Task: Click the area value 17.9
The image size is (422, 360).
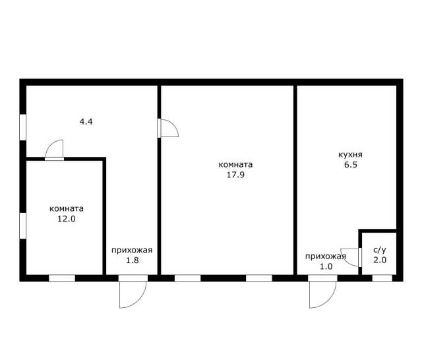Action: click(x=235, y=175)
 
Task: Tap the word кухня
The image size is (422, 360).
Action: click(x=350, y=155)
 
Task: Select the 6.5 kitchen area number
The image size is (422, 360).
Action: click(x=351, y=164)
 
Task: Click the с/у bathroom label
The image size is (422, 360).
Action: click(x=380, y=250)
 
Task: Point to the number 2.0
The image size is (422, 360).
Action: click(x=380, y=260)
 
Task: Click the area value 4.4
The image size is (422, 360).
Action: click(x=86, y=121)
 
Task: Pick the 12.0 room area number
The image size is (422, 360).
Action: click(x=67, y=219)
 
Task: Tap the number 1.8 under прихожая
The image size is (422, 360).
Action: click(x=133, y=260)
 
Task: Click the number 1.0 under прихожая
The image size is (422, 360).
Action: click(x=326, y=266)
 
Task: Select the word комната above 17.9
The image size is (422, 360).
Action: click(x=235, y=165)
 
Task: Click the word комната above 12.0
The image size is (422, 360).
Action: click(x=67, y=209)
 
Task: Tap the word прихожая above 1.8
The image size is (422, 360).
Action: click(x=132, y=251)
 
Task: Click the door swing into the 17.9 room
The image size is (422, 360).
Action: click(x=173, y=125)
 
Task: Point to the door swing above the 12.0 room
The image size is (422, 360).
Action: click(x=50, y=145)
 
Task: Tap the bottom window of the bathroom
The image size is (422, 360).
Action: click(x=382, y=278)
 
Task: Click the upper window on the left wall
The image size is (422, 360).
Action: click(x=23, y=127)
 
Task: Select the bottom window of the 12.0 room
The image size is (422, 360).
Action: click(x=62, y=278)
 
